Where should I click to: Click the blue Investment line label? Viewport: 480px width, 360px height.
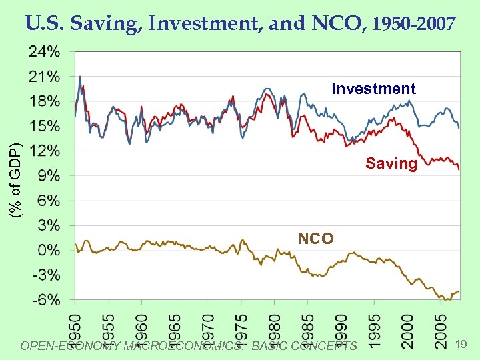[x=373, y=89]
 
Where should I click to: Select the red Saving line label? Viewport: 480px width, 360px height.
[x=391, y=163]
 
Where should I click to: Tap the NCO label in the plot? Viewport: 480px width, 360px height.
[x=315, y=238]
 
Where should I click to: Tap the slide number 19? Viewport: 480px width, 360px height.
[x=460, y=344]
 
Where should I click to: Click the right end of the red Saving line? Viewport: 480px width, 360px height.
[x=459, y=169]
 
